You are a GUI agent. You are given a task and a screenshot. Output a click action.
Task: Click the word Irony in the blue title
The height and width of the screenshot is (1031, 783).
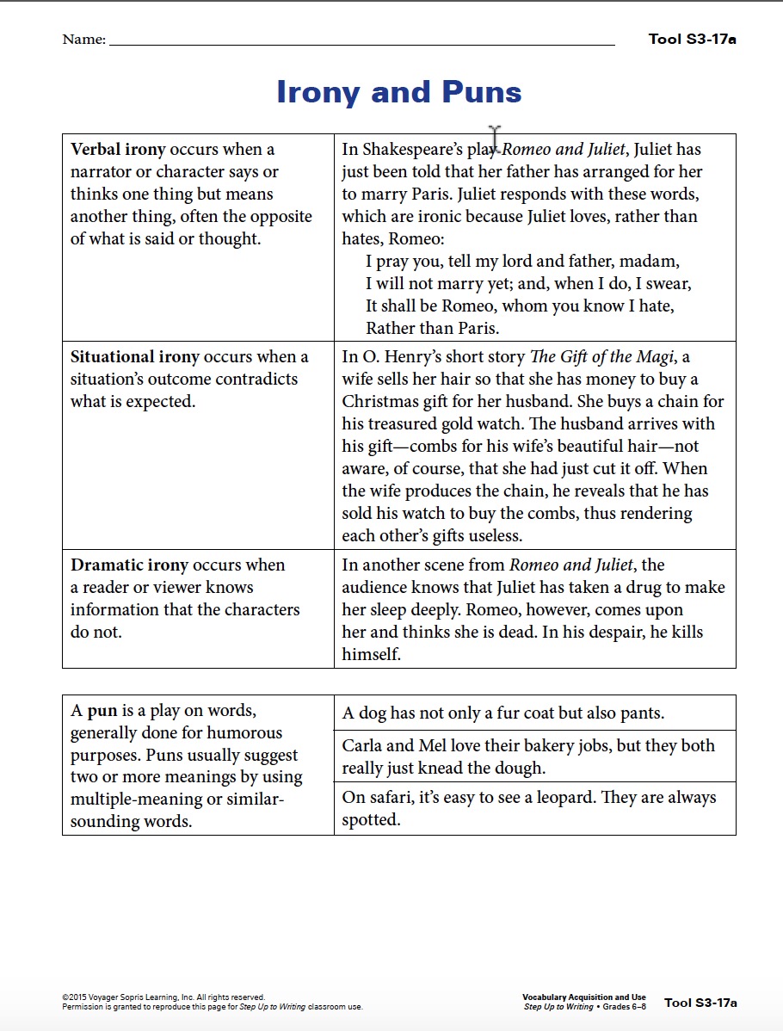pos(318,92)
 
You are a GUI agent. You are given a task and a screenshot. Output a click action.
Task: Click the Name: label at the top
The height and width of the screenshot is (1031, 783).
pos(83,40)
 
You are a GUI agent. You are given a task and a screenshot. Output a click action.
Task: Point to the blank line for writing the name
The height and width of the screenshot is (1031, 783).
pos(361,42)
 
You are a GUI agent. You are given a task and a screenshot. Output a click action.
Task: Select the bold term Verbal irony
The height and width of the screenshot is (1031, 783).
pos(118,150)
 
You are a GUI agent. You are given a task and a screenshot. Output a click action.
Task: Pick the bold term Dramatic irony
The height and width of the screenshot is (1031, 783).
pos(129,565)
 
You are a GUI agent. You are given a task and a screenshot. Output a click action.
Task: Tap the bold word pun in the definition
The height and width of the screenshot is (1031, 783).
pos(102,711)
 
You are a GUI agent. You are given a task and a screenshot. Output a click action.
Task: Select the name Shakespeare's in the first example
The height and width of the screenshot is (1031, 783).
pos(414,150)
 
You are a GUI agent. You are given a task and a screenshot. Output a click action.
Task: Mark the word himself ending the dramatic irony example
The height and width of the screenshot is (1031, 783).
pos(372,655)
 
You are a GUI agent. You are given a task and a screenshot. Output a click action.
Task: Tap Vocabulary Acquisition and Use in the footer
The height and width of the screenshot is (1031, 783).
pos(584,997)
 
